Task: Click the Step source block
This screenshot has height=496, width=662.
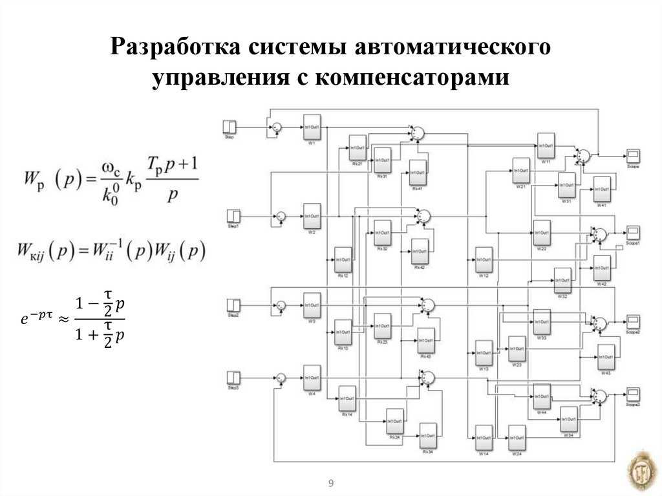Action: (230, 126)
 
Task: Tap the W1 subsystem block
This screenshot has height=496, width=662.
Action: (312, 128)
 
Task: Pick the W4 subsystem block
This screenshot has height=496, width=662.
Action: (312, 379)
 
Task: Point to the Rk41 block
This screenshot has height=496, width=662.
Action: (418, 173)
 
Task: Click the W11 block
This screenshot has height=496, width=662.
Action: (546, 146)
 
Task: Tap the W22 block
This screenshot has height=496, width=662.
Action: (541, 233)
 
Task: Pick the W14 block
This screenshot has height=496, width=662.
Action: (484, 438)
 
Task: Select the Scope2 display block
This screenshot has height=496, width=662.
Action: (632, 321)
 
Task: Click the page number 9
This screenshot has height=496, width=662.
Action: (331, 484)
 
